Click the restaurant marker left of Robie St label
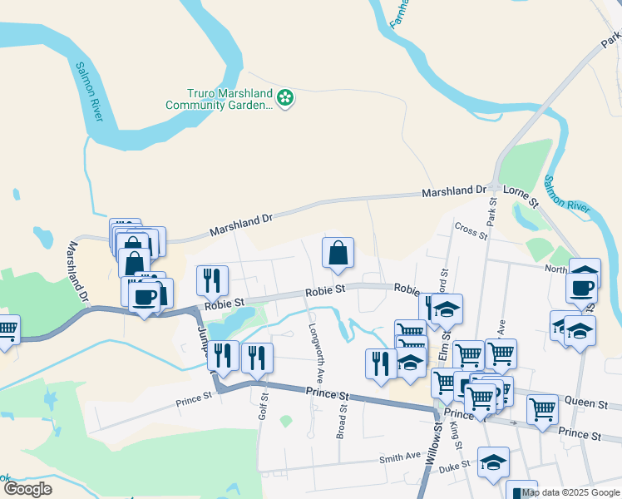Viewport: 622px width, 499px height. pos(212,281)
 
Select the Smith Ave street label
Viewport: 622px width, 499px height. pos(400,457)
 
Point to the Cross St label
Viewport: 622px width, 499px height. pos(471,230)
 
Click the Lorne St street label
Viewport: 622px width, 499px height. pos(521,196)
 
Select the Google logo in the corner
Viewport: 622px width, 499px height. pos(27,489)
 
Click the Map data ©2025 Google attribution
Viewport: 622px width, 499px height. pos(570,492)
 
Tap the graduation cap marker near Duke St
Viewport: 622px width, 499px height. pos(493,464)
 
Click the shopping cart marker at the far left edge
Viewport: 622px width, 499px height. pos(7,331)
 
